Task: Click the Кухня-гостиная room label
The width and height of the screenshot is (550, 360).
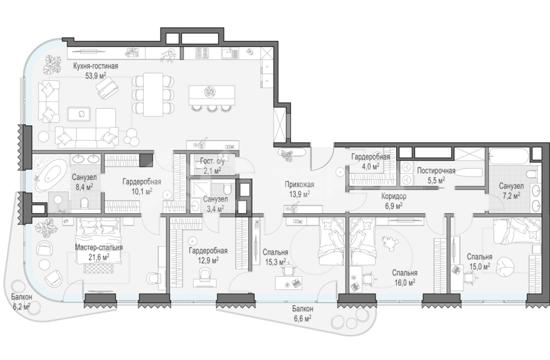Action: [x=96, y=66]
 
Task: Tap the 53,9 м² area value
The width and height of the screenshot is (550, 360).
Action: [x=96, y=75]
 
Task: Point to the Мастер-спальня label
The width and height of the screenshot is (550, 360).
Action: [x=99, y=247]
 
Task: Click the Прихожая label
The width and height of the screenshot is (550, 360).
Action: [x=299, y=185]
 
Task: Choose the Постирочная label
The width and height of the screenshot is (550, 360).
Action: [x=436, y=171]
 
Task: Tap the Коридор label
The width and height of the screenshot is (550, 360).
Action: [x=394, y=197]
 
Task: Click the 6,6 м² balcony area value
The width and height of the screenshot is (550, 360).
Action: [x=302, y=318]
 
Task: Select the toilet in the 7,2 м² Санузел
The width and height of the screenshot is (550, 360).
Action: [x=532, y=174]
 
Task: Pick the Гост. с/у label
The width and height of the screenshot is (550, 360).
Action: [x=211, y=162]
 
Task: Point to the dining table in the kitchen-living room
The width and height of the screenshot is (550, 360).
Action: [x=153, y=94]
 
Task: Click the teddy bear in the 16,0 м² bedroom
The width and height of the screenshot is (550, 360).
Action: [x=390, y=243]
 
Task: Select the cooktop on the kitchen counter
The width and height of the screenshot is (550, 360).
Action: [x=202, y=53]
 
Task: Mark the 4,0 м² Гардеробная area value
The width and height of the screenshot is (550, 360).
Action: [x=371, y=166]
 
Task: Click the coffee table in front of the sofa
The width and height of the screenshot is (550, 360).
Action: [x=79, y=115]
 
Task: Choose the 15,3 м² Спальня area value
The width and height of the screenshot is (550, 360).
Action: [x=276, y=261]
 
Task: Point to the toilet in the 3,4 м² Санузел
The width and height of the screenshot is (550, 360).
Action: [x=227, y=190]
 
